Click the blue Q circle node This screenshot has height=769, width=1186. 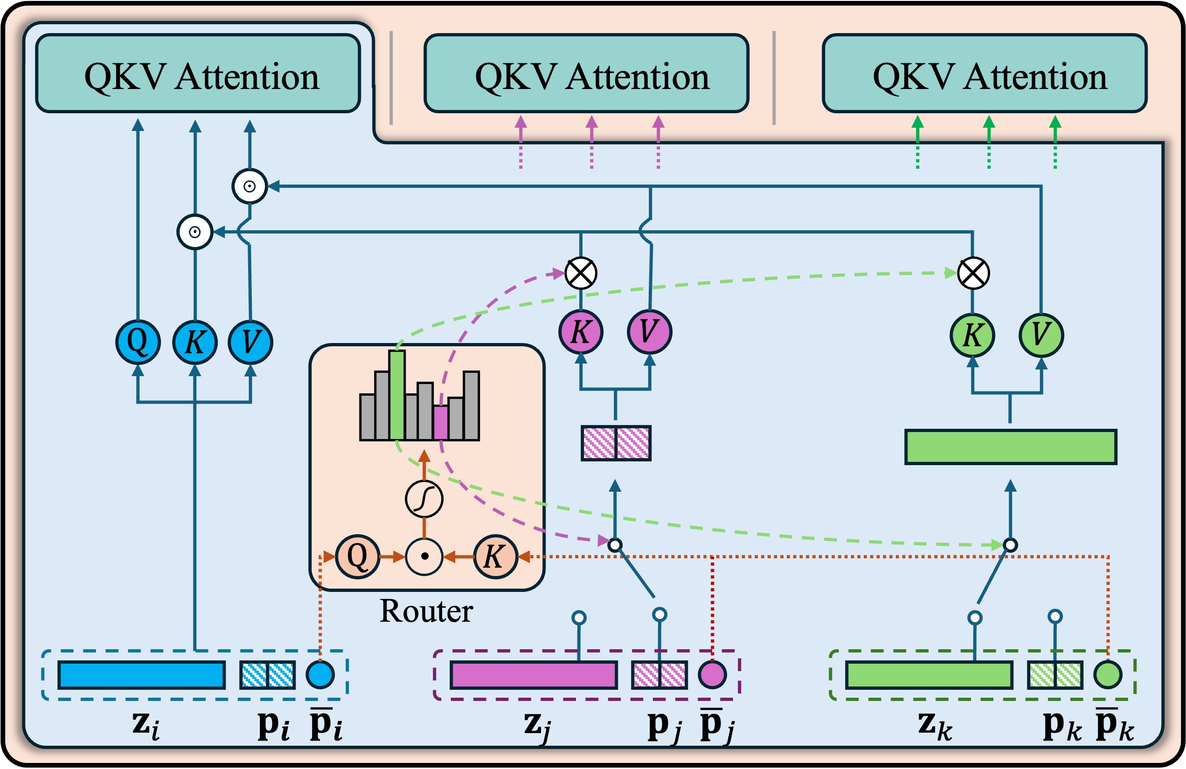138,342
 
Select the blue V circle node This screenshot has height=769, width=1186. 250,342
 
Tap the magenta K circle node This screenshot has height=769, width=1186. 581,332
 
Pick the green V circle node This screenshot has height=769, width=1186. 1041,335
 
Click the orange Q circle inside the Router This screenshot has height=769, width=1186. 357,556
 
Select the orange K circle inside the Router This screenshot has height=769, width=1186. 495,556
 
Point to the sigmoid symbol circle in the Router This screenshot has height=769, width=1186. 424,499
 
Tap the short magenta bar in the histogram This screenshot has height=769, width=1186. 441,422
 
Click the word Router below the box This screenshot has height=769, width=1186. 426,611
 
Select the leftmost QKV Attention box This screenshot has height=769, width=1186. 198,74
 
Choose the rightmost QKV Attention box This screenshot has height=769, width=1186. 985,74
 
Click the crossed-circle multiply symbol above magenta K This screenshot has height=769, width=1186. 581,273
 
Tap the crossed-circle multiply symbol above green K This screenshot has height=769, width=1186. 973,273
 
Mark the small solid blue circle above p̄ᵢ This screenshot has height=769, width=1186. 320,675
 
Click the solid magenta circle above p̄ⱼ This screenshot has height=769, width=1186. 712,675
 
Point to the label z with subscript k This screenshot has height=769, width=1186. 934,725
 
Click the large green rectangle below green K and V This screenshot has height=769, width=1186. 1011,447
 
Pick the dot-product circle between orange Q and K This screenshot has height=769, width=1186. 424,556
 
